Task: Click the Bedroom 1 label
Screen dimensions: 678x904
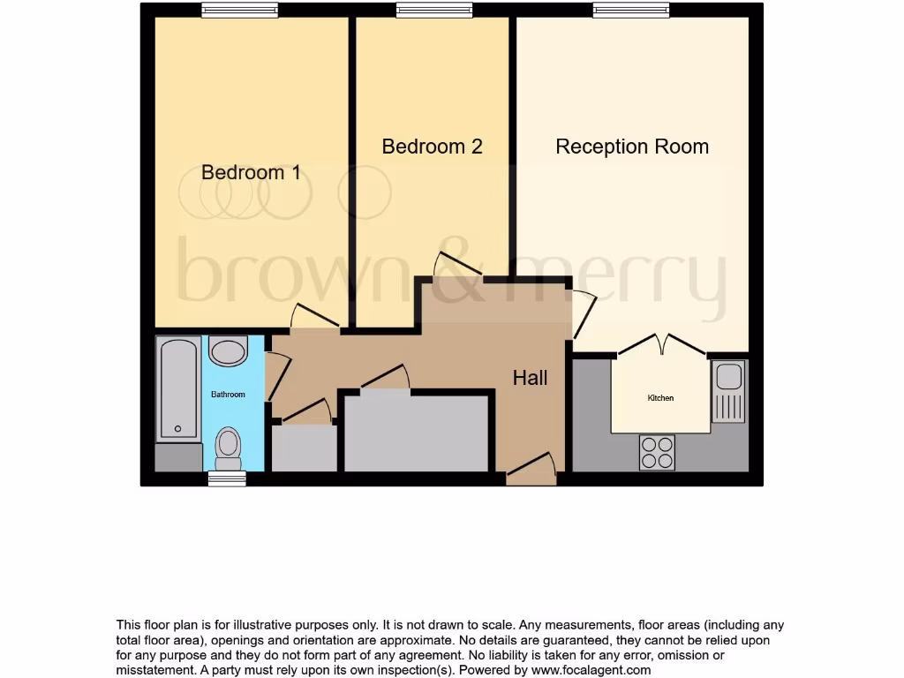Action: (251, 172)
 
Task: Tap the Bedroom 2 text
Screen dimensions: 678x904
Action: (432, 147)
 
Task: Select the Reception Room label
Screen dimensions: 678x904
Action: (631, 147)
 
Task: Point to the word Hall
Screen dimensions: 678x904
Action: (530, 378)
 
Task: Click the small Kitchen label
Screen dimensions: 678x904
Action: (660, 398)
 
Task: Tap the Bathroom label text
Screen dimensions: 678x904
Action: (228, 395)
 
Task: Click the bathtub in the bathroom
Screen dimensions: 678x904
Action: (178, 389)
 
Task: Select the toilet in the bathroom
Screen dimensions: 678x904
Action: (229, 448)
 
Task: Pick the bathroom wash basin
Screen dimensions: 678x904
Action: (228, 351)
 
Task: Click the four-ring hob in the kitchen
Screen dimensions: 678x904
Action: (657, 453)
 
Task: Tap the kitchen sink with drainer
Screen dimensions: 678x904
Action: (729, 391)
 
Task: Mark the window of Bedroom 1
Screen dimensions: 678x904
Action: (239, 10)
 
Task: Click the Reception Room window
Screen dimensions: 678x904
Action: (630, 10)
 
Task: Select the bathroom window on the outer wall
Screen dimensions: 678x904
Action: (227, 478)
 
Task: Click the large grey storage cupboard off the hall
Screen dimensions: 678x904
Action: (416, 433)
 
